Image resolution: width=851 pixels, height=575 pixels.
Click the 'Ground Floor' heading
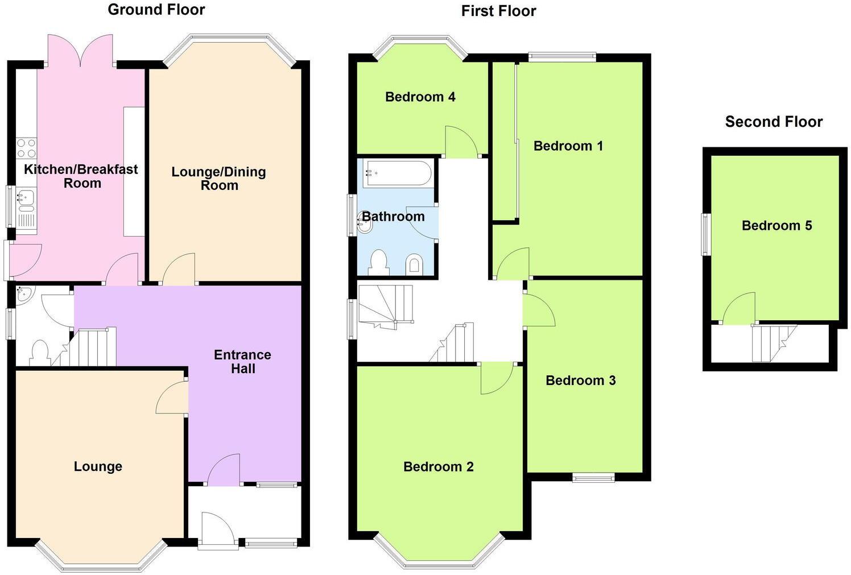(x=156, y=10)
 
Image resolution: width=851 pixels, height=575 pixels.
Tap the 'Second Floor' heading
(x=773, y=122)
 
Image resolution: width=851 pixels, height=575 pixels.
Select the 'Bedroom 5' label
(x=776, y=226)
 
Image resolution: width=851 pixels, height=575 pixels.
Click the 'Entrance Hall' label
(x=242, y=362)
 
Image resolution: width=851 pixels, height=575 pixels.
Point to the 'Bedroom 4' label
(x=420, y=97)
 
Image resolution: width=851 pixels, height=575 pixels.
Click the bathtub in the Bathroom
(x=398, y=173)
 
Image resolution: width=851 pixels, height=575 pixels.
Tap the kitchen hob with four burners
(x=26, y=149)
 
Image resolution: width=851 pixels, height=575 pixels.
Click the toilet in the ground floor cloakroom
(x=39, y=352)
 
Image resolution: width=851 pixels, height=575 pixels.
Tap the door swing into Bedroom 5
(x=740, y=310)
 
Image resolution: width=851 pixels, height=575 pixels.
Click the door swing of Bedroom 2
(x=497, y=378)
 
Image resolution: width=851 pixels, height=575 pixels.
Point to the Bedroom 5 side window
(x=706, y=234)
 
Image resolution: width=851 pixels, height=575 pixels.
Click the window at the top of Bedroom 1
(x=561, y=56)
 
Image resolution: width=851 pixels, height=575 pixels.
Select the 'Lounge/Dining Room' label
(x=219, y=179)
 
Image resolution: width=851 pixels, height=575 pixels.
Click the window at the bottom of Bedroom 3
(x=593, y=477)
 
